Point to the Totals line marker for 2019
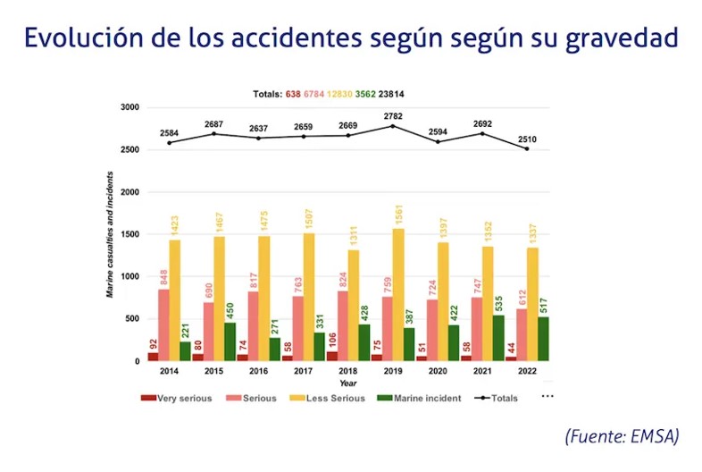tap(392, 126)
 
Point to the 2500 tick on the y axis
tap(130, 149)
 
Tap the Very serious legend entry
tap(176, 398)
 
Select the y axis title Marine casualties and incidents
tap(111, 232)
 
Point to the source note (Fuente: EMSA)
tap(622, 436)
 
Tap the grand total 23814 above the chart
tap(392, 94)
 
